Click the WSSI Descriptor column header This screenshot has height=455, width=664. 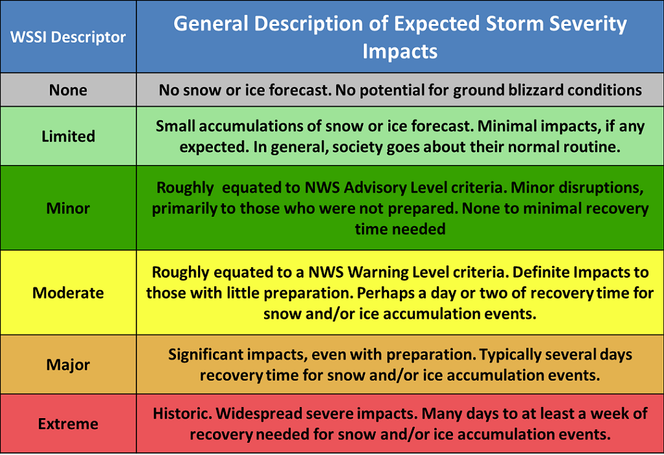click(x=68, y=37)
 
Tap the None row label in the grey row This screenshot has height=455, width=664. click(x=68, y=90)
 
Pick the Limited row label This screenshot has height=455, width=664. click(x=68, y=136)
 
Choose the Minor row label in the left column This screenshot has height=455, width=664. click(x=68, y=208)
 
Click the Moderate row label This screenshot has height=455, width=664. click(x=68, y=293)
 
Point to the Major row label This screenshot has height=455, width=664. click(x=68, y=365)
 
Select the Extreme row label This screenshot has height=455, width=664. click(x=68, y=424)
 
